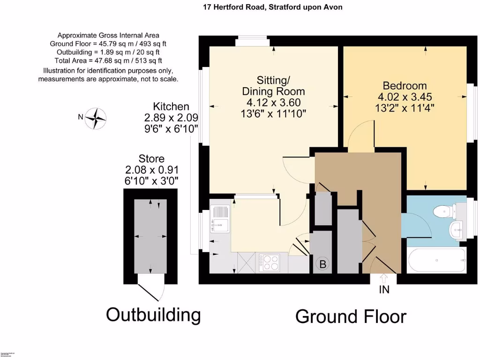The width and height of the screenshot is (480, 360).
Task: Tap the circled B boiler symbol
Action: [322, 264]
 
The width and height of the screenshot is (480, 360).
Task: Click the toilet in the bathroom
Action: [443, 211]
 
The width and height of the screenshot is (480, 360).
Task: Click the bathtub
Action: [436, 261]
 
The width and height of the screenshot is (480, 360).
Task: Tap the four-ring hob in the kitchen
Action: [269, 262]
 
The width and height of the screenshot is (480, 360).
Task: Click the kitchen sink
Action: [219, 218]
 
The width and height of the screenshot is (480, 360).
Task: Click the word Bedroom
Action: [405, 86]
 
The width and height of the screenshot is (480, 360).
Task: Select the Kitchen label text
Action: [171, 107]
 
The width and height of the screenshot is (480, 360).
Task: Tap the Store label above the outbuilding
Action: [151, 159]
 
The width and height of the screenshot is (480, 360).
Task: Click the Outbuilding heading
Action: [153, 315]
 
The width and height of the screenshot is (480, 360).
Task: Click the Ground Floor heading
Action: [351, 316]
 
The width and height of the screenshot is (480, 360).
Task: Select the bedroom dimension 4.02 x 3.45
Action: [405, 97]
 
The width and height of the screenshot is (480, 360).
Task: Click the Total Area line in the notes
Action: [108, 60]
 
